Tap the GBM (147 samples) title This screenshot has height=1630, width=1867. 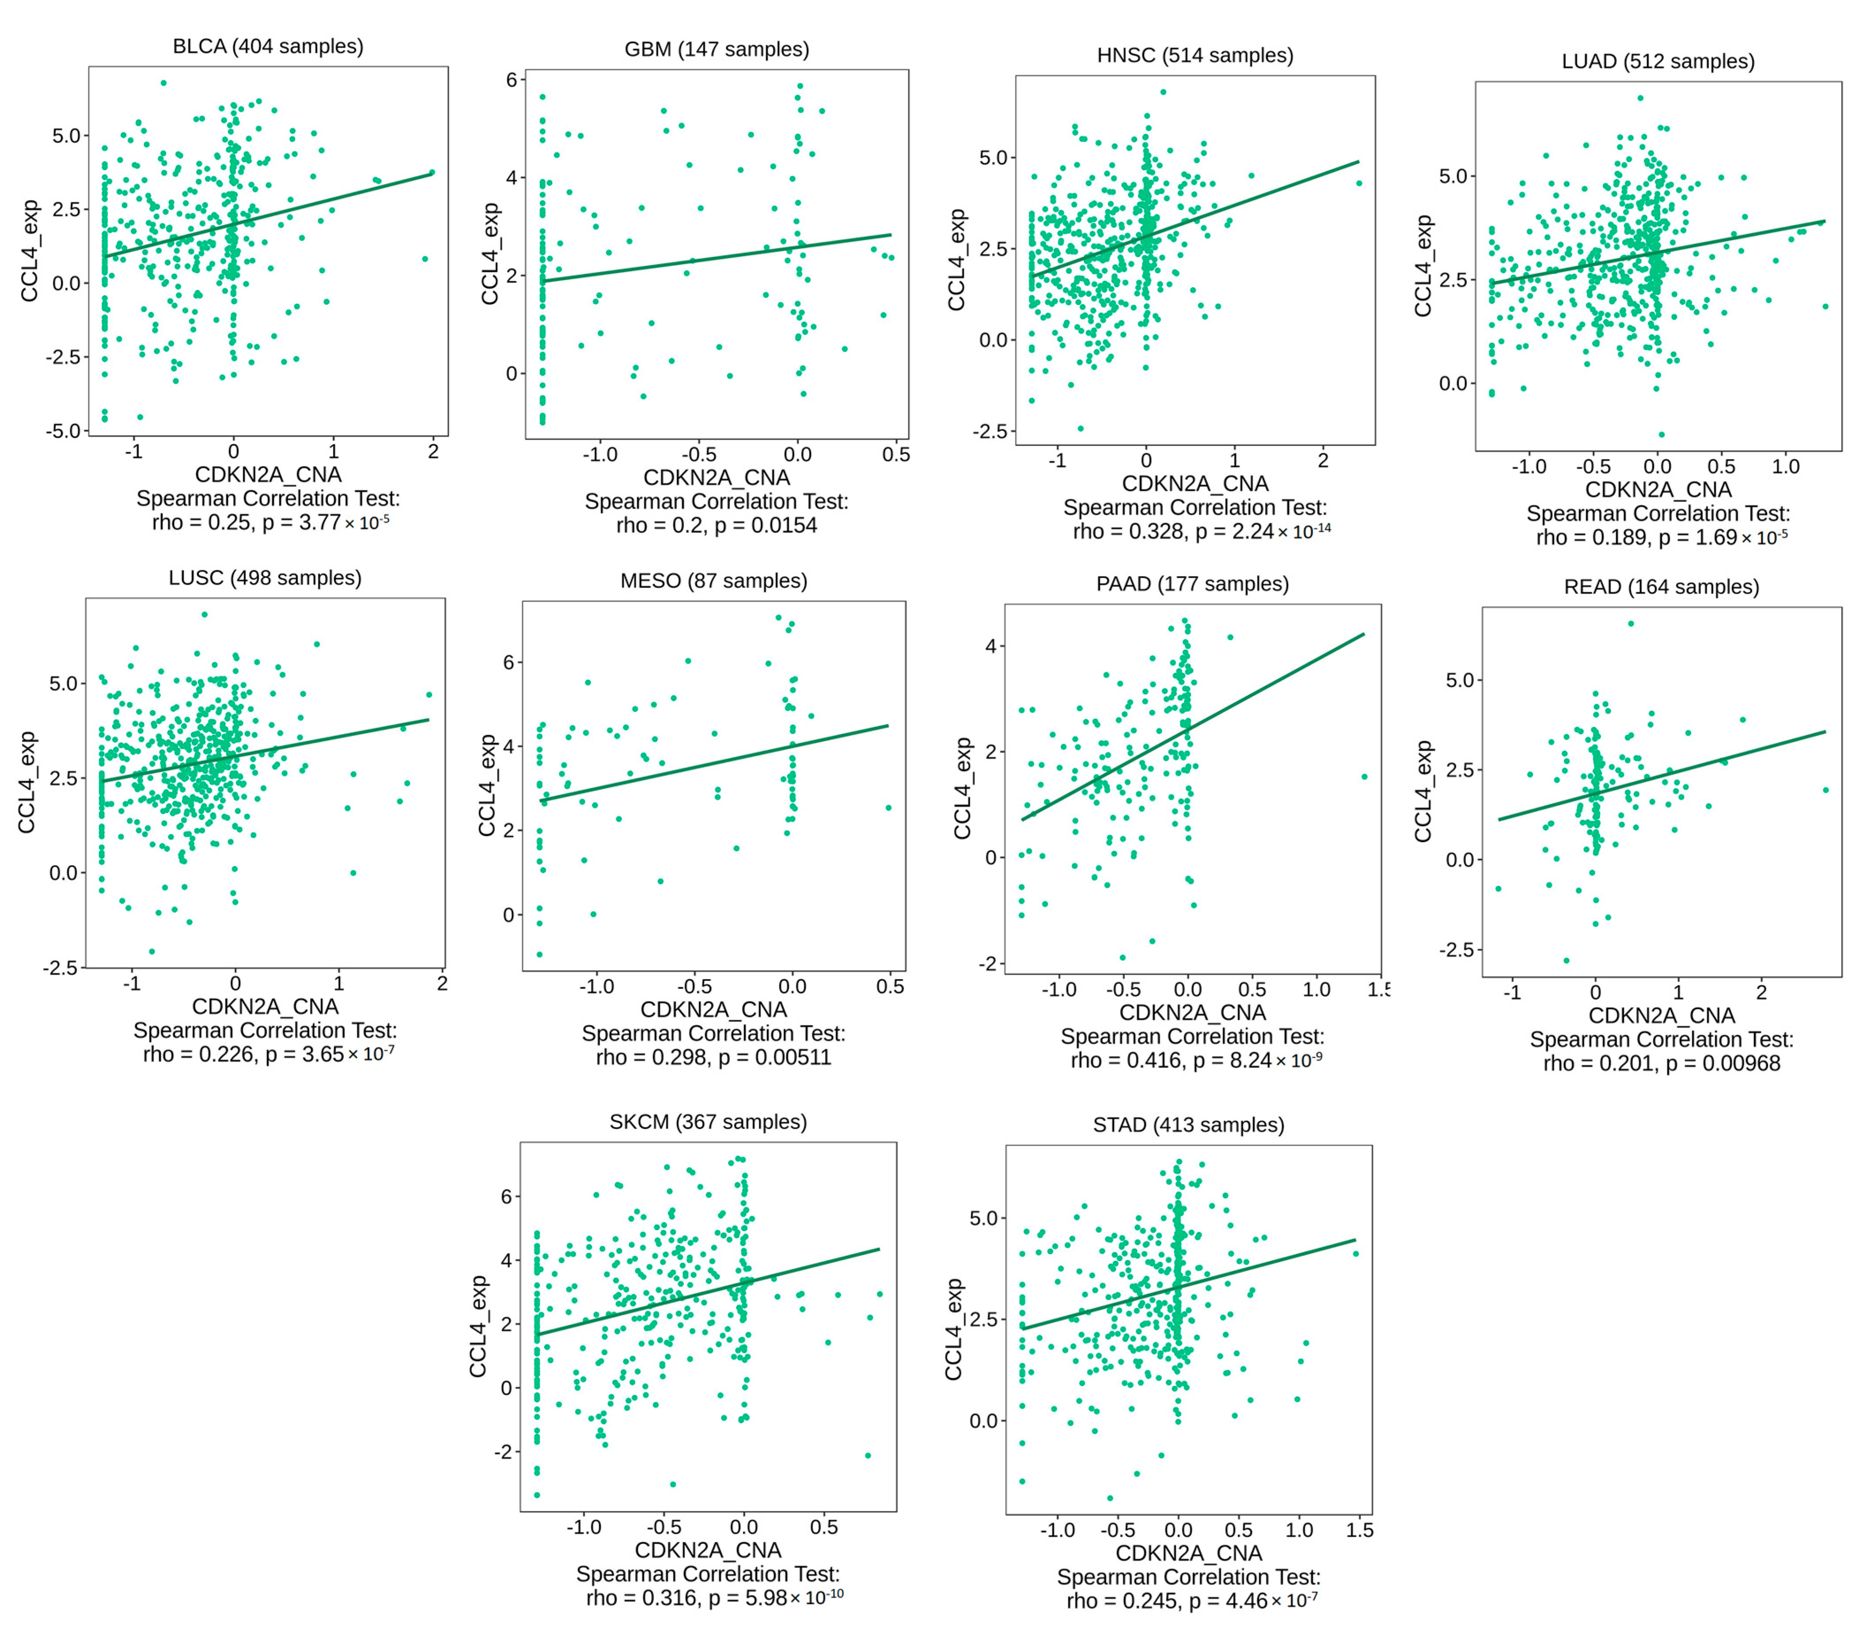coord(716,49)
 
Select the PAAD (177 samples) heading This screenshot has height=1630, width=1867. coord(1192,584)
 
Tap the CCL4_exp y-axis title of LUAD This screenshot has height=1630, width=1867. coord(1423,266)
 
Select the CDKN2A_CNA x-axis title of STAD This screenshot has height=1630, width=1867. coord(1189,1553)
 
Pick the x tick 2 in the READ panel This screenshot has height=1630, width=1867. coord(1761,992)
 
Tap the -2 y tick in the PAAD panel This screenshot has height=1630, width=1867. coord(988,964)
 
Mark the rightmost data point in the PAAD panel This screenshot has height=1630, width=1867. coord(1364,777)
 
